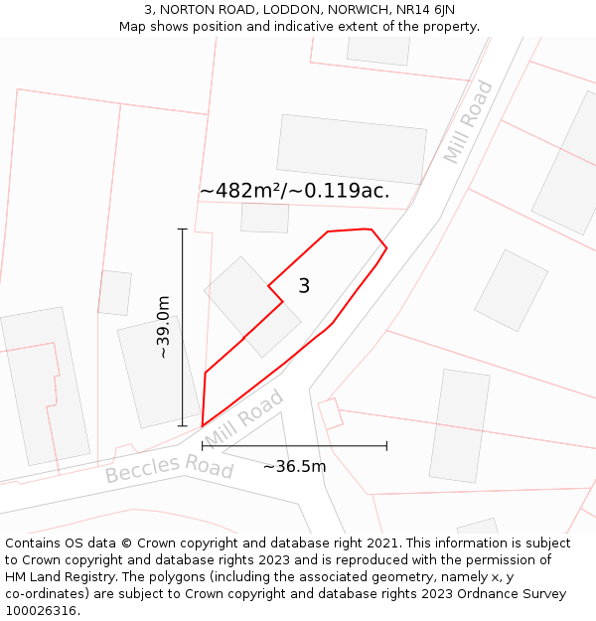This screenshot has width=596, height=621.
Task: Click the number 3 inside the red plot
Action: pyautogui.click(x=304, y=286)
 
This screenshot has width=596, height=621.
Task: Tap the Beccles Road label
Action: pyautogui.click(x=169, y=467)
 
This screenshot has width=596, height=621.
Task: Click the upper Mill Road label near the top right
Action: pyautogui.click(x=468, y=122)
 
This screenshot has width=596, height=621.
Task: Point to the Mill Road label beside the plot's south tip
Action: pyautogui.click(x=245, y=418)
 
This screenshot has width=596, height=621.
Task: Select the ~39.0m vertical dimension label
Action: pyautogui.click(x=163, y=328)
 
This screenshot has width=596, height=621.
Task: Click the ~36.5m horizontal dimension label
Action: pyautogui.click(x=294, y=466)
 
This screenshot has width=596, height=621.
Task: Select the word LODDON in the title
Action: pyautogui.click(x=290, y=9)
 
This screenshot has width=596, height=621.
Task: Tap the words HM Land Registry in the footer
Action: pyautogui.click(x=59, y=576)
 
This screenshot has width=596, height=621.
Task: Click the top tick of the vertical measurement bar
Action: pyautogui.click(x=182, y=230)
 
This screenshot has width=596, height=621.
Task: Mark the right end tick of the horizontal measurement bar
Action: pyautogui.click(x=386, y=446)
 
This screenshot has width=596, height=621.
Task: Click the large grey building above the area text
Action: pyautogui.click(x=351, y=149)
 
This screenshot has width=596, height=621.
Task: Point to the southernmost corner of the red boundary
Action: pyautogui.click(x=203, y=426)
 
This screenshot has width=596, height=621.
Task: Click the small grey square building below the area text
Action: pyautogui.click(x=264, y=218)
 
